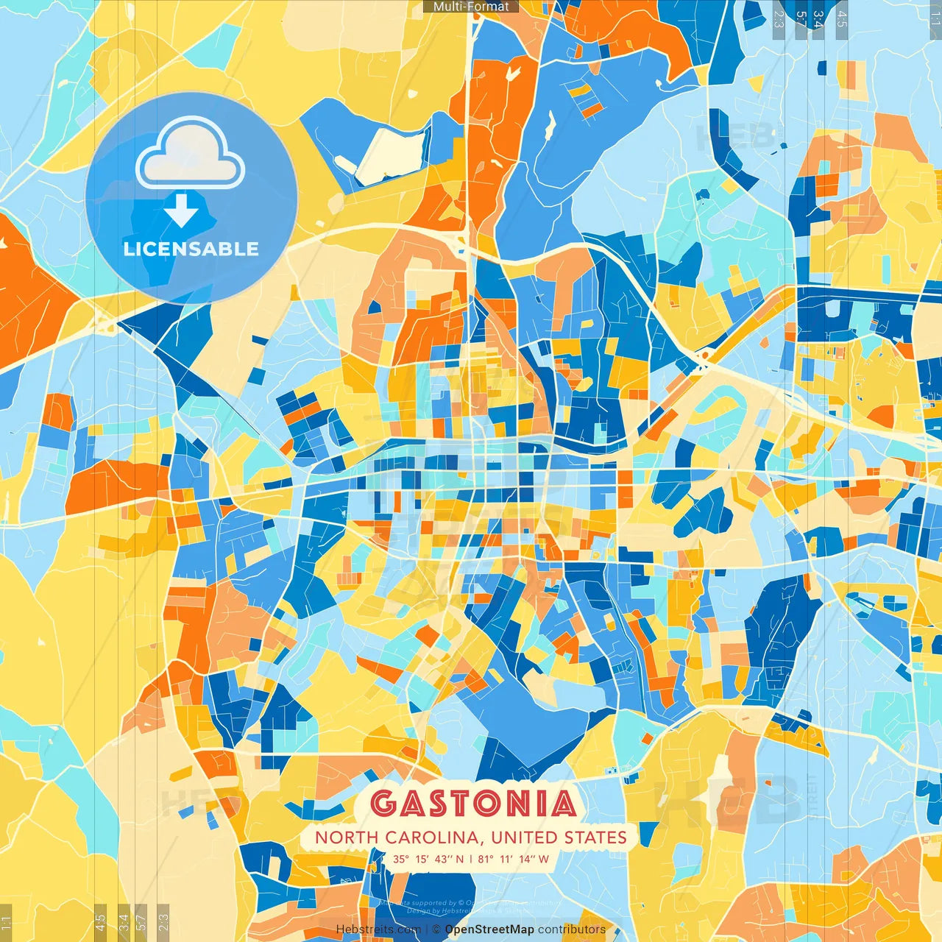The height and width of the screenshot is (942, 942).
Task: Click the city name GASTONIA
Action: (473, 803)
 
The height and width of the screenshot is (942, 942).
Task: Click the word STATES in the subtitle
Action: (595, 837)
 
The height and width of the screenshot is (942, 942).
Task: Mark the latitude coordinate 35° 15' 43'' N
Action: (428, 859)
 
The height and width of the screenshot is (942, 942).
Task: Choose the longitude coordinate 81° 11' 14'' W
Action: (514, 859)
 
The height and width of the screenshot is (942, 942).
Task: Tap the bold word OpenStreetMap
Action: (489, 929)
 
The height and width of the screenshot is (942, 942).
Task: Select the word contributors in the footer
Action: (572, 929)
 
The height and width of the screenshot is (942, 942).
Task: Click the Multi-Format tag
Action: (471, 7)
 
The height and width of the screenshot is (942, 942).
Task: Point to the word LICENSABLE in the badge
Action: (191, 249)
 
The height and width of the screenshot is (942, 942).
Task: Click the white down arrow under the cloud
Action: (181, 210)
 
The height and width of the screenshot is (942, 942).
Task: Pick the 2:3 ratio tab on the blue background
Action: (778, 19)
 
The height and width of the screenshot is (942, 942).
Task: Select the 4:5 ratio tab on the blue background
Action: (841, 19)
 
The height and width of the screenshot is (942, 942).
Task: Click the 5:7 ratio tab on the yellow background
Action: (141, 921)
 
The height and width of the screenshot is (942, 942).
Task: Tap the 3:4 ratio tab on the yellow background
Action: (123, 921)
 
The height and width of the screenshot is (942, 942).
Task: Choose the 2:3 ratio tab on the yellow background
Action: (163, 921)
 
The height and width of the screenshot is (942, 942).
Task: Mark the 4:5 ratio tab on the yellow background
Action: (100, 921)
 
